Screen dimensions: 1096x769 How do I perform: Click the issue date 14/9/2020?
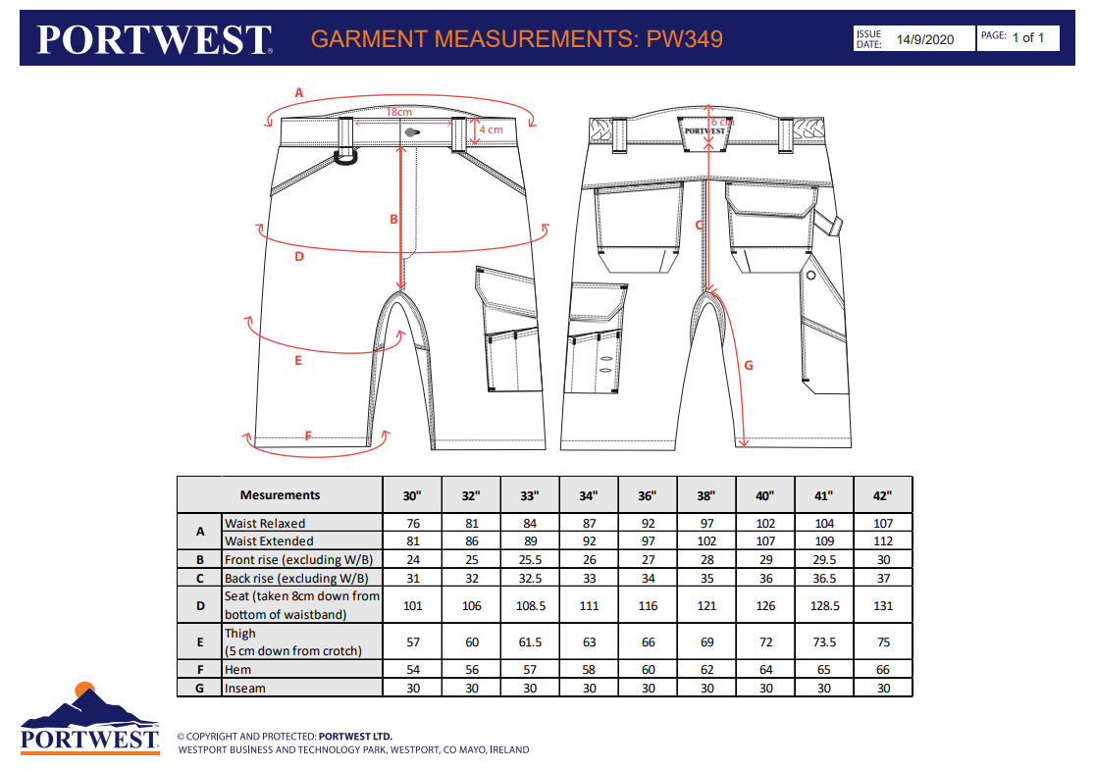coord(924,39)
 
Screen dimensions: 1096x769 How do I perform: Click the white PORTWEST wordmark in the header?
coord(154,39)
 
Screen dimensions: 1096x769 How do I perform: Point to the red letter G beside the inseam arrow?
coord(749,365)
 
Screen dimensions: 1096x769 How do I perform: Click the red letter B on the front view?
coord(393,219)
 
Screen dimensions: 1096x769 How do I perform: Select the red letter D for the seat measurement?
coord(299,257)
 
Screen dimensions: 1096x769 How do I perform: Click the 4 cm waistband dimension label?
coord(490,129)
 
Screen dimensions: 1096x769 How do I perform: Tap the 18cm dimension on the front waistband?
coord(398,113)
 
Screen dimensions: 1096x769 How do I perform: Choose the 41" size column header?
coord(824,495)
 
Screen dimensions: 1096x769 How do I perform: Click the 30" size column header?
coord(412,495)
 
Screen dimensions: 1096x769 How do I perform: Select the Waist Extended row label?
coord(269,540)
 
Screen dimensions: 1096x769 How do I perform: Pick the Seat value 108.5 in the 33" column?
coord(530,605)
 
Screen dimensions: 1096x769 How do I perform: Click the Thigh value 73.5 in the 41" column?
coord(824,642)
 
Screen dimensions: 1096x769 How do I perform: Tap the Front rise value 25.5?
coord(530,559)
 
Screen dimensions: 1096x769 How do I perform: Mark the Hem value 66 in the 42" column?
coord(883,670)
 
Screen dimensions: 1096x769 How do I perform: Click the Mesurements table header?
coord(280,495)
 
